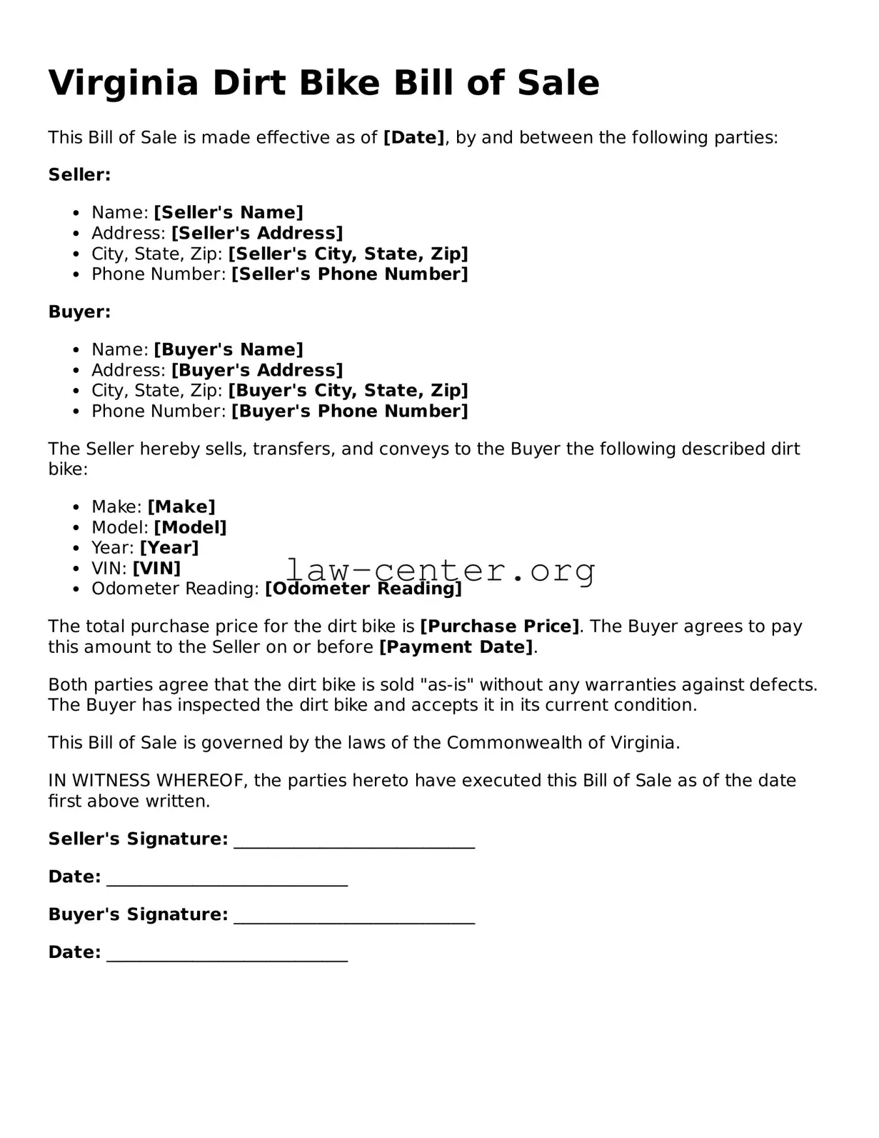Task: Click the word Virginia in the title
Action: [123, 84]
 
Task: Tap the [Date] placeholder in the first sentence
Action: [414, 138]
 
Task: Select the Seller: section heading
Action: [79, 175]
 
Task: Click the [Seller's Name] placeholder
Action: [228, 213]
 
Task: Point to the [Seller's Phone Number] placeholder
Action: [349, 274]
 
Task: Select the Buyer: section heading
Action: [79, 312]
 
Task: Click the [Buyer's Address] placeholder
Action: [257, 370]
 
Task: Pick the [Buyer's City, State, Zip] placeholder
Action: [348, 391]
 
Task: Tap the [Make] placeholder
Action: [181, 507]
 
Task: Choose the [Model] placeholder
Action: [190, 528]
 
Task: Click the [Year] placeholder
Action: [169, 548]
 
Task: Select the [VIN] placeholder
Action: [156, 569]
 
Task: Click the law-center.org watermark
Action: [441, 571]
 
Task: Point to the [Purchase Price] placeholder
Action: [499, 627]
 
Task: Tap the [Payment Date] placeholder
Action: [456, 647]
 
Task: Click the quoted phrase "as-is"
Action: [446, 685]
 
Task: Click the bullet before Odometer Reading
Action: [76, 589]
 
